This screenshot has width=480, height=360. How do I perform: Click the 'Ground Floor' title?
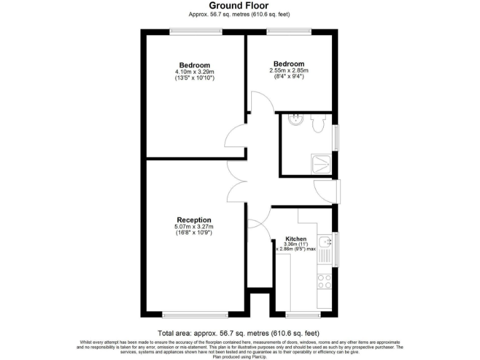[x=239, y=6]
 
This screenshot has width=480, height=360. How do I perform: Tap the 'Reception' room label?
[x=194, y=220]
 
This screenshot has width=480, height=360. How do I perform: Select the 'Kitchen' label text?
[x=296, y=239]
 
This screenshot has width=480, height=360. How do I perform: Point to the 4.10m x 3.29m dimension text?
[x=194, y=72]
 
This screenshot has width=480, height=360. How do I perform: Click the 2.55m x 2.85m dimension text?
[x=289, y=71]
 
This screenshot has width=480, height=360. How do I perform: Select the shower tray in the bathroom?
[x=322, y=164]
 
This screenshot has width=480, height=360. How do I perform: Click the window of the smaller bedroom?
[x=289, y=31]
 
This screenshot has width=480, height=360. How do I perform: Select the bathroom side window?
[x=337, y=137]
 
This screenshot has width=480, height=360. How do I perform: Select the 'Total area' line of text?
[x=239, y=332]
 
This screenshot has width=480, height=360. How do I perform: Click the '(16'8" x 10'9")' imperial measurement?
[x=194, y=233]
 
